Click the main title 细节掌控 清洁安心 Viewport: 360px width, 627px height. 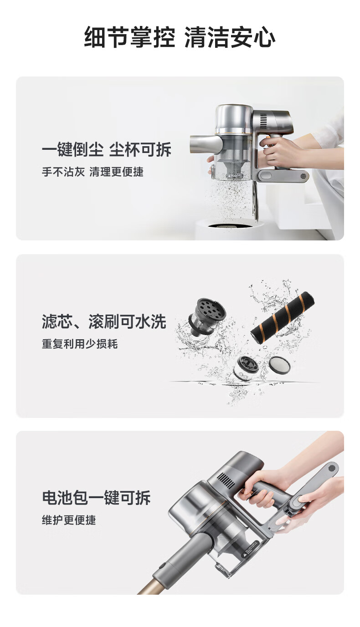click(x=180, y=37)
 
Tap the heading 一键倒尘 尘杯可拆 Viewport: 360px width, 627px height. click(x=107, y=149)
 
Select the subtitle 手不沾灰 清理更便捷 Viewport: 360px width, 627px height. click(x=93, y=172)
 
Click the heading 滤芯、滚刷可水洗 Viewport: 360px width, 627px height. click(x=104, y=321)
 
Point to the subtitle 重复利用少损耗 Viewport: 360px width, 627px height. click(x=80, y=344)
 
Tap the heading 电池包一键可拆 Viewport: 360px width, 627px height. click(x=96, y=497)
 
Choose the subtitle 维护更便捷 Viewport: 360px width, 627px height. click(x=69, y=520)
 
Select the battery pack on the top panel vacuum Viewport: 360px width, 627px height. click(x=283, y=175)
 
